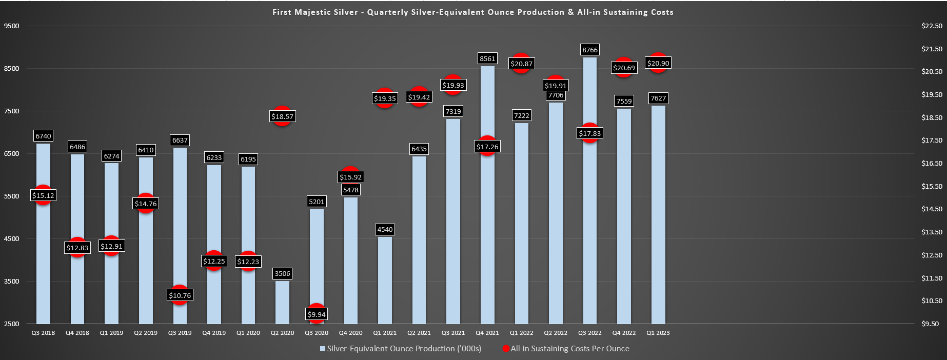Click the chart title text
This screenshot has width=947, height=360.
[x=472, y=12]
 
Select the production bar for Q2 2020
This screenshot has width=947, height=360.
[x=282, y=302]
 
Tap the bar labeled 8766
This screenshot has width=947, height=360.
[x=590, y=190]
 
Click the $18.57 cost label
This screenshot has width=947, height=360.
[x=282, y=116]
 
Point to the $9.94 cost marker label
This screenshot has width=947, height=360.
[x=317, y=314]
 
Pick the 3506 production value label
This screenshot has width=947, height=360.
[x=282, y=273]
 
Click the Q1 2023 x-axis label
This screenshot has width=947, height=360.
[x=658, y=333]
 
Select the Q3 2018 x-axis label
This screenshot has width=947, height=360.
[x=43, y=333]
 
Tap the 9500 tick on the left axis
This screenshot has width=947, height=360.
[x=11, y=26]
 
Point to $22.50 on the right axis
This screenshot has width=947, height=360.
[x=932, y=26]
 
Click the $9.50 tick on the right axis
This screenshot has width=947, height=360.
[x=930, y=324]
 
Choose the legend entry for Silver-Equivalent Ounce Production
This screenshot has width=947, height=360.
[x=401, y=349]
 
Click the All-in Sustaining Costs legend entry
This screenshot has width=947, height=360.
[x=566, y=349]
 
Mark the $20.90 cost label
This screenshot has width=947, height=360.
[x=658, y=63]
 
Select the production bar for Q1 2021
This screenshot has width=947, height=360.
[x=385, y=280]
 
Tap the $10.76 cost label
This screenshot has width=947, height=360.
[x=180, y=295]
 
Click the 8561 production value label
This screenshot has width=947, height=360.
[x=487, y=58]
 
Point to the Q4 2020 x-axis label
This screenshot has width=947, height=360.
[x=351, y=333]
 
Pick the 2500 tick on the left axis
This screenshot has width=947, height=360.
[x=11, y=324]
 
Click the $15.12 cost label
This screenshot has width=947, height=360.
[x=43, y=195]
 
